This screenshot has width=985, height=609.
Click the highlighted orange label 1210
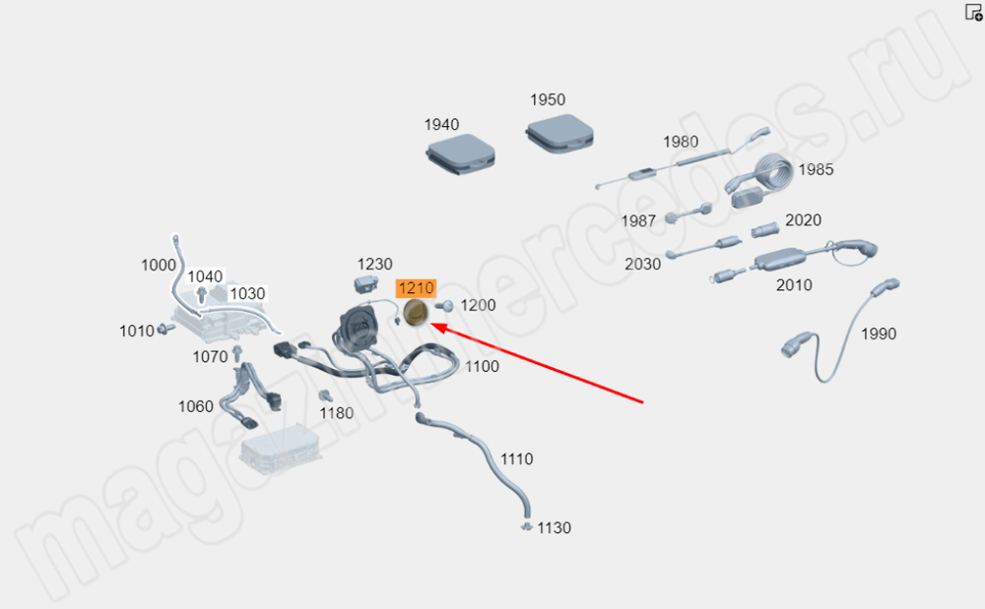[x=415, y=288]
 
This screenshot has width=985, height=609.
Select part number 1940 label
[x=441, y=125]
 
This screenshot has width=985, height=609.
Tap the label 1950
[x=548, y=100]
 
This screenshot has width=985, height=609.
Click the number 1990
[x=879, y=335]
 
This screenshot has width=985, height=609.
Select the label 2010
[x=794, y=285]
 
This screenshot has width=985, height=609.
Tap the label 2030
[x=643, y=265]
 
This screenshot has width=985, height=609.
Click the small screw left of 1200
[x=442, y=306]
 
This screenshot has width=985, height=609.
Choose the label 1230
[x=374, y=265]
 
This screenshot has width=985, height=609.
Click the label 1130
[x=554, y=528]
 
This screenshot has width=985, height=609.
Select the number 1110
[x=516, y=459]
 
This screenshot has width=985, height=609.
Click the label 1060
[x=195, y=406]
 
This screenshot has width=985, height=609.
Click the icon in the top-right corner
[x=973, y=12]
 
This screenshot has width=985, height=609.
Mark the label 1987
[x=638, y=221]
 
